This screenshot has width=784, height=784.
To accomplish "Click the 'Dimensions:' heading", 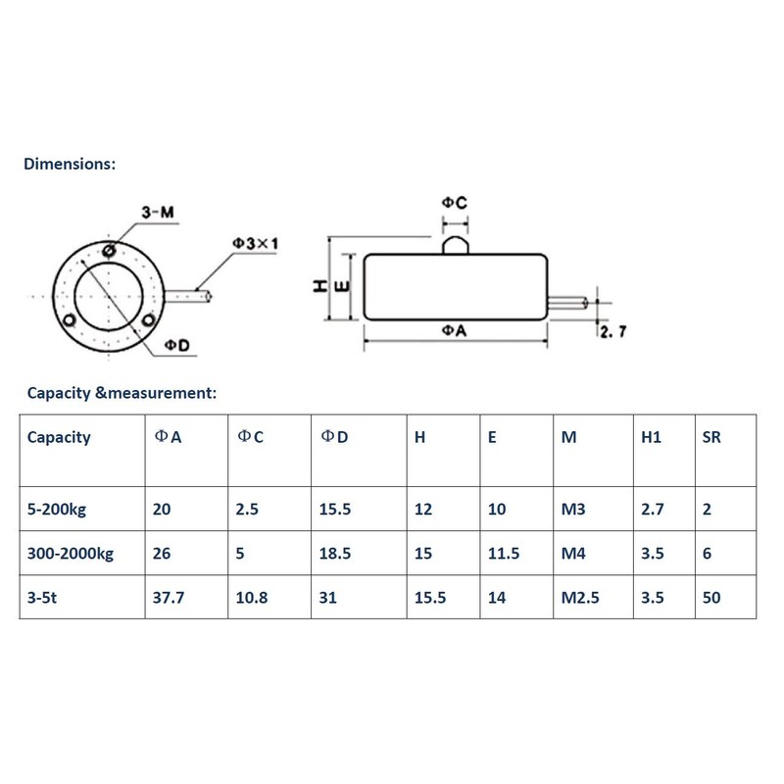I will pyautogui.click(x=70, y=164).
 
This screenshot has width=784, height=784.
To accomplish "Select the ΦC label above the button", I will pyautogui.click(x=454, y=204).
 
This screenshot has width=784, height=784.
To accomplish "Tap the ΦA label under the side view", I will pyautogui.click(x=453, y=331).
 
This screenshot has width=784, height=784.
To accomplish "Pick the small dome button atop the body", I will pyautogui.click(x=454, y=241).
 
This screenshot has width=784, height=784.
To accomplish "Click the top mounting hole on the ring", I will pyautogui.click(x=108, y=250).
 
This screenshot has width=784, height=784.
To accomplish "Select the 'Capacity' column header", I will pyautogui.click(x=59, y=437).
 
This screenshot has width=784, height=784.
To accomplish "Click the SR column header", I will pyautogui.click(x=712, y=437).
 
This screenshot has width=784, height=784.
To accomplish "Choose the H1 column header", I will pyautogui.click(x=651, y=437).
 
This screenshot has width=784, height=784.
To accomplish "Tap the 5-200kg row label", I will pyautogui.click(x=61, y=510).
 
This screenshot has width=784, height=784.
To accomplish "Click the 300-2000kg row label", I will pyautogui.click(x=71, y=554).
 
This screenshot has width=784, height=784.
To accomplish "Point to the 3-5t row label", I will pyautogui.click(x=45, y=597).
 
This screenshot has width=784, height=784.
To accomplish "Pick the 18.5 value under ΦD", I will pyautogui.click(x=335, y=554).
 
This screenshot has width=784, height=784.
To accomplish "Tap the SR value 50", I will pyautogui.click(x=712, y=597).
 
